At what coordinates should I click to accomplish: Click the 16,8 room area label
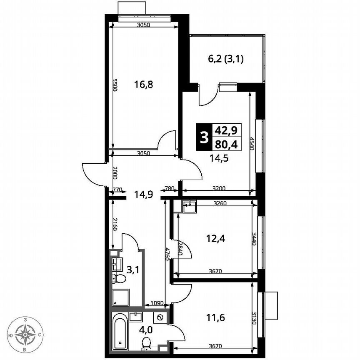click(144, 85)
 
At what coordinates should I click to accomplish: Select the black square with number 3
click(204, 137)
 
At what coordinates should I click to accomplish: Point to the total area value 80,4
click(226, 144)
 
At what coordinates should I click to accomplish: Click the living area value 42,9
click(226, 130)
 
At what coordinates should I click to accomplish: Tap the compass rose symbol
click(26, 334)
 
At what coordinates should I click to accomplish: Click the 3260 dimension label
click(220, 204)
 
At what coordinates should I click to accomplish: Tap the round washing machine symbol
click(160, 317)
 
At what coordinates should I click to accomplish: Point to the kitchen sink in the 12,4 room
click(190, 204)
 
